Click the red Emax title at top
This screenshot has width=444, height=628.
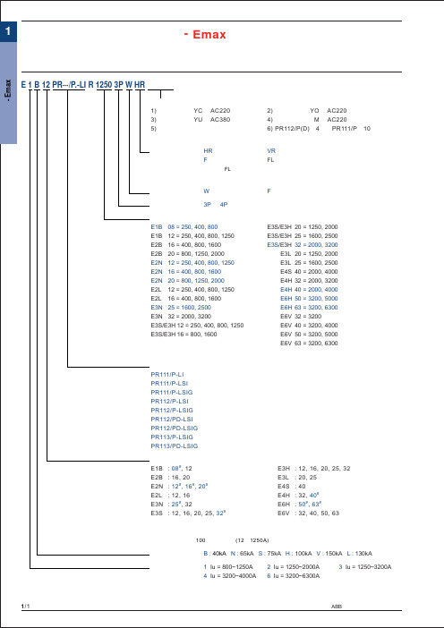click(x=205, y=35)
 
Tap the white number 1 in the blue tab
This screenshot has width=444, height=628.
click(x=8, y=30)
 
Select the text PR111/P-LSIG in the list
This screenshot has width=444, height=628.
click(x=172, y=392)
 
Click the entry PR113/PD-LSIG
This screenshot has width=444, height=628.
click(x=175, y=446)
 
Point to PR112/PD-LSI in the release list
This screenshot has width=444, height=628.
click(x=172, y=419)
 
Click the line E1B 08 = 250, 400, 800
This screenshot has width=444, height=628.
click(x=184, y=226)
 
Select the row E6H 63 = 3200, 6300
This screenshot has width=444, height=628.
click(x=309, y=307)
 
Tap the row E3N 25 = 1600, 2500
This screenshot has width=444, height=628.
click(x=181, y=307)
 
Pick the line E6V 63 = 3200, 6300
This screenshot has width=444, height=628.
click(x=309, y=343)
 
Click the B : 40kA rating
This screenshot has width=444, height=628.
click(x=215, y=554)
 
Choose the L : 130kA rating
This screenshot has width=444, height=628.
click(x=360, y=554)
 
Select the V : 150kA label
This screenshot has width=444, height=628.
click(x=329, y=554)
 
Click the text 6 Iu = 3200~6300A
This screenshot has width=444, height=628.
click(x=294, y=576)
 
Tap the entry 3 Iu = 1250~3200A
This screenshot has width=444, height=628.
click(x=365, y=567)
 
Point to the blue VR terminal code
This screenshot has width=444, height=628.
click(x=271, y=151)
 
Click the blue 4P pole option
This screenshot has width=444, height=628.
click(x=224, y=204)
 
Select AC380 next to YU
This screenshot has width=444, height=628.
click(x=220, y=119)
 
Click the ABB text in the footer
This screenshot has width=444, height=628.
click(x=337, y=607)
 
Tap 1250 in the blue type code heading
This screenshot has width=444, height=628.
click(x=104, y=84)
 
